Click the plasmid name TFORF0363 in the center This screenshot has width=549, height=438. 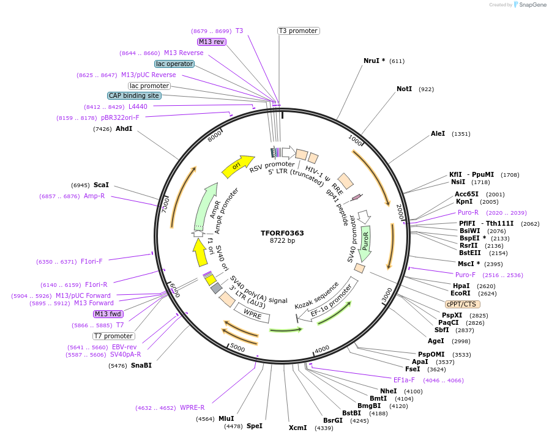click(282, 233)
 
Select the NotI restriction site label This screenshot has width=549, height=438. click(404, 89)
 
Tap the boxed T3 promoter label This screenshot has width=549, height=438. click(298, 31)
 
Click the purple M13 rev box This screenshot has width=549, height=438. click(212, 42)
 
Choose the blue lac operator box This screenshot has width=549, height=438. click(174, 64)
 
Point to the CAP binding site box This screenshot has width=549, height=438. click(135, 95)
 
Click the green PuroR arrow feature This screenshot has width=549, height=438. click(365, 240)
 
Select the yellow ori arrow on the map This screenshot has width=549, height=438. click(237, 166)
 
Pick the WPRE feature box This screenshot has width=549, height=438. click(252, 314)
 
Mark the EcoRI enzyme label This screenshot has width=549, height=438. click(460, 294)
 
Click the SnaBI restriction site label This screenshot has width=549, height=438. click(141, 366)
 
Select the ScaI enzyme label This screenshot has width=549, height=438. click(101, 185)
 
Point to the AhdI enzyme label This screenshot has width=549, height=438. click(124, 129)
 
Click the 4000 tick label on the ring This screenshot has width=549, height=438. click(321, 349)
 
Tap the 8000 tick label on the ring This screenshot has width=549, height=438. click(215, 137)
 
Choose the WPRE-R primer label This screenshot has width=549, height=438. click(192, 407)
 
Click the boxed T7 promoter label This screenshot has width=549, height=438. click(113, 336)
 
